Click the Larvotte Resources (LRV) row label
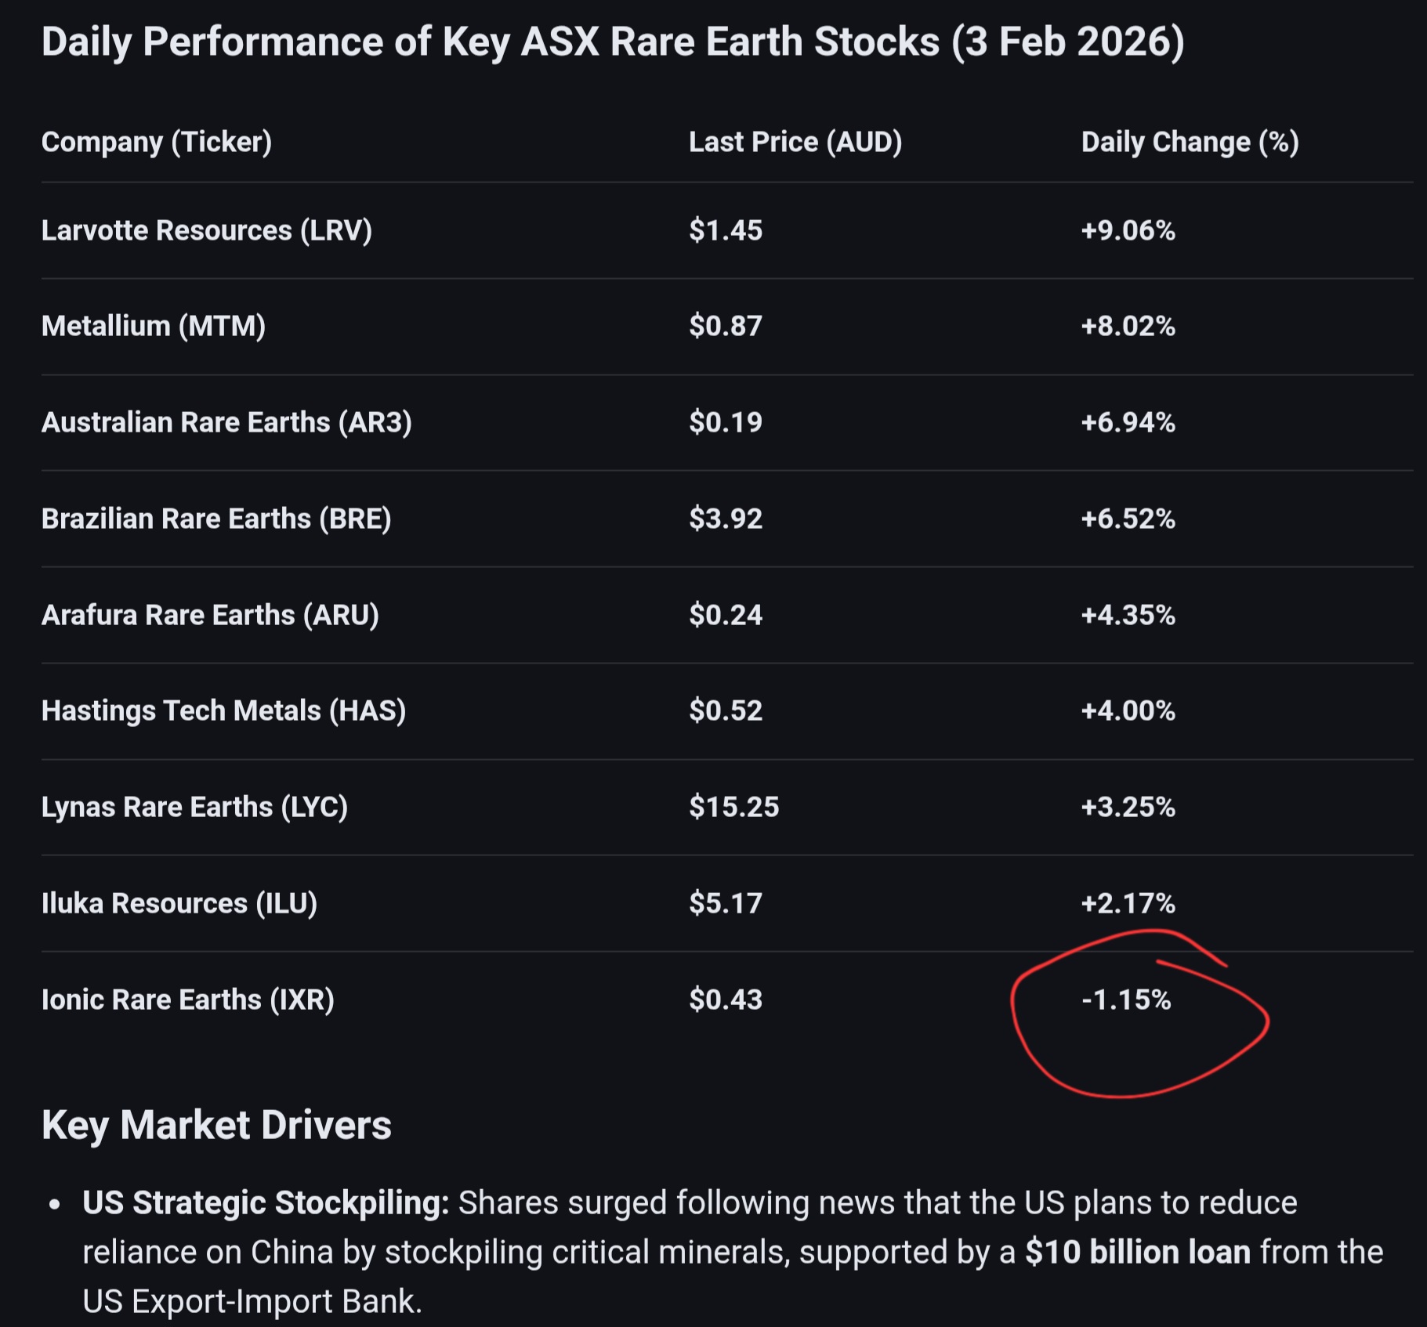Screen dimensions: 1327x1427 coord(206,230)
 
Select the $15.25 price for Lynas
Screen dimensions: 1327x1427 coord(733,807)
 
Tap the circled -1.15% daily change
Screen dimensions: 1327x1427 coord(1126,1000)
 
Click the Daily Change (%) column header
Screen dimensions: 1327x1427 coord(1190,142)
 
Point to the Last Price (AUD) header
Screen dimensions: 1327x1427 coord(795,142)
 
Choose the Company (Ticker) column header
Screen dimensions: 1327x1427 coord(157,142)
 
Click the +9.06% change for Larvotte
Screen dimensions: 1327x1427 coord(1128,230)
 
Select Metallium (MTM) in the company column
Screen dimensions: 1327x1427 coord(154,326)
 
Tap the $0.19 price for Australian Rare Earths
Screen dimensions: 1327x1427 coord(725,422)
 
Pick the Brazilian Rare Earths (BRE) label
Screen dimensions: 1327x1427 coord(216,519)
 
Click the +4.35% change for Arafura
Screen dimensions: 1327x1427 coord(1128,615)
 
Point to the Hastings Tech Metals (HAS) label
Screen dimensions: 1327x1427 coord(223,711)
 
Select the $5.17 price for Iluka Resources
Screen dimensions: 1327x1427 coord(725,903)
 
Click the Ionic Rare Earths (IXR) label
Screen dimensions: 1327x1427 coord(187,1000)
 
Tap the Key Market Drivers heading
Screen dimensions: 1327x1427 coord(216,1125)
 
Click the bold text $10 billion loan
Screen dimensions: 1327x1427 coord(1137,1252)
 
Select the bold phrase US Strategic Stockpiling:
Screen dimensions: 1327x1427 coord(266,1202)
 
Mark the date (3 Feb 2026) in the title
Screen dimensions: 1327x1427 coord(1067,42)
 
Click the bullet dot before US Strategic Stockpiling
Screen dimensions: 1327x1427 coord(54,1204)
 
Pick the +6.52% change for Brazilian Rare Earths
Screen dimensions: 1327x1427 coord(1128,519)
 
